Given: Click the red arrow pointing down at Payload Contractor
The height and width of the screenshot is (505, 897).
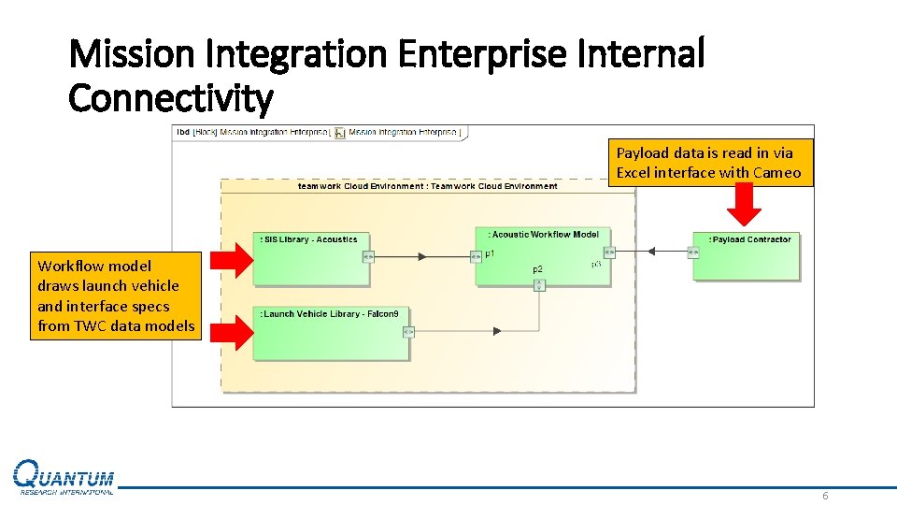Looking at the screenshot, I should [745, 204].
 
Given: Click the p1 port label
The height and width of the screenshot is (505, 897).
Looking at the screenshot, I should [490, 253].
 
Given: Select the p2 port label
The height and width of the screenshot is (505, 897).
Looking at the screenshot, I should [537, 269].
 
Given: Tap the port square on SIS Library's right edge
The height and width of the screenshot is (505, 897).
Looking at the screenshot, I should [368, 254].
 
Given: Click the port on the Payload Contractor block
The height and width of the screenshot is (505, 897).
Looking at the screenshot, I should [692, 252].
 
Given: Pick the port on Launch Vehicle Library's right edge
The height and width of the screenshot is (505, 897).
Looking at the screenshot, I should [407, 330].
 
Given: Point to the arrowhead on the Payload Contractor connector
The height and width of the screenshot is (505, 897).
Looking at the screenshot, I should [652, 252].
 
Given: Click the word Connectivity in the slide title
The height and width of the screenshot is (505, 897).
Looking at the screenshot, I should [171, 97].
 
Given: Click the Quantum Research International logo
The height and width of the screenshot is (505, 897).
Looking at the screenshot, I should [64, 478].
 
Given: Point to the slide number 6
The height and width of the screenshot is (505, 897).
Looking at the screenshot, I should [824, 496].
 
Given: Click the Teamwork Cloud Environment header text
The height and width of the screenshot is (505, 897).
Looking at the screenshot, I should [427, 186].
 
